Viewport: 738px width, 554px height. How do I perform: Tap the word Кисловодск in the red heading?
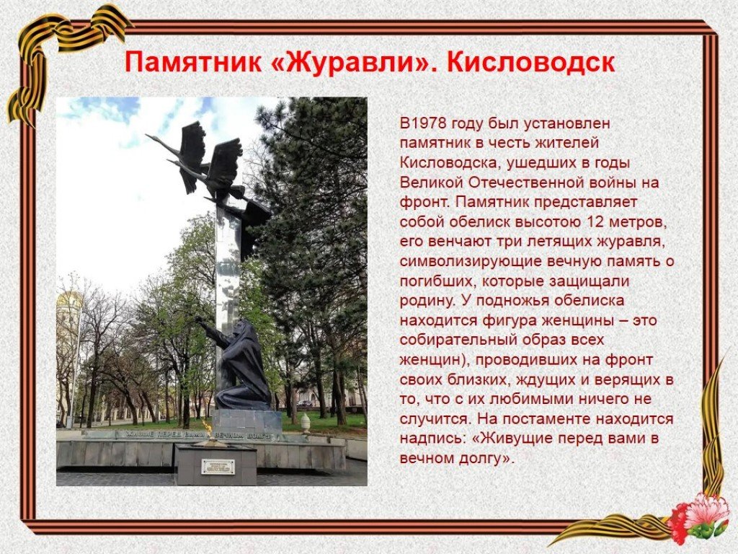click(530, 63)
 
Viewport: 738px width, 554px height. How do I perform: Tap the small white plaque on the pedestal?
click(218, 467)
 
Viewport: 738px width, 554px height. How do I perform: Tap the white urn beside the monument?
click(306, 421)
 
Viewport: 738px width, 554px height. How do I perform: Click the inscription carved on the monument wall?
click(193, 434)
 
